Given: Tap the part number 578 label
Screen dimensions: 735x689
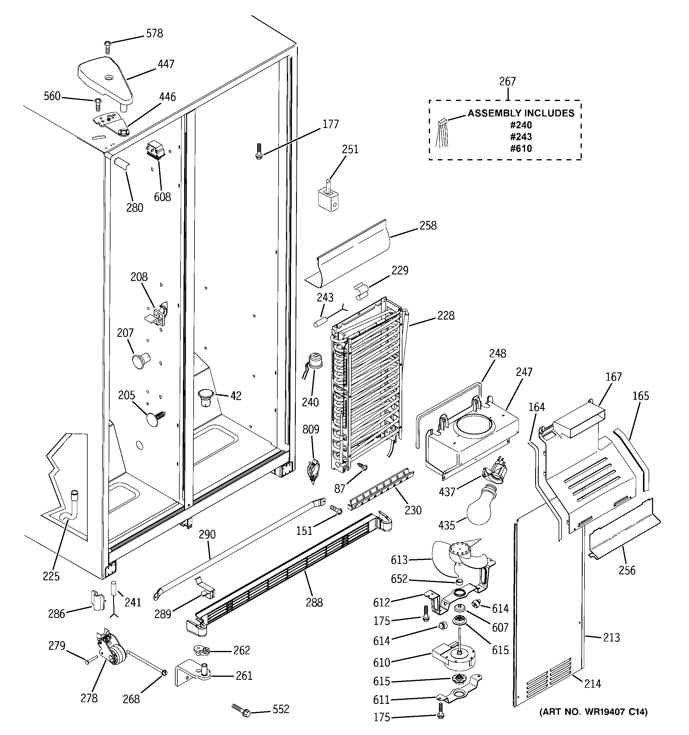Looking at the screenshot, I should click(154, 34).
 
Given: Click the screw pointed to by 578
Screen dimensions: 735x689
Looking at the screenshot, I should click(107, 47).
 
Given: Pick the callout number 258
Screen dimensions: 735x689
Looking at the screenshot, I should click(428, 225).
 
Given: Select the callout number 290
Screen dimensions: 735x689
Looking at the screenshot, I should click(207, 535).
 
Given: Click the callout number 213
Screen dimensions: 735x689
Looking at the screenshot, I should click(611, 637).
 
